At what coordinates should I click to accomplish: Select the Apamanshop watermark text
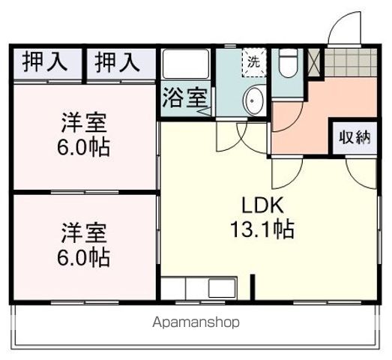[196, 323]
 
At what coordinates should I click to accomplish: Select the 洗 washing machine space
[253, 62]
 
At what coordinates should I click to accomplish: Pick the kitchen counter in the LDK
[199, 289]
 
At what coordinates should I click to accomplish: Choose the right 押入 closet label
[117, 62]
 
